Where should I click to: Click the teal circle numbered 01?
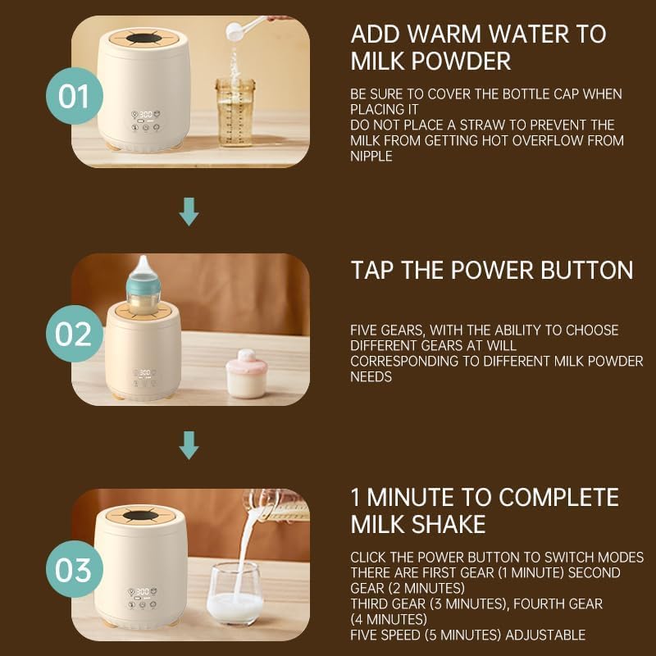pyautogui.click(x=74, y=96)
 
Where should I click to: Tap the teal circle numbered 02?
pyautogui.click(x=74, y=334)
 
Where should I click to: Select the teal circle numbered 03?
pyautogui.click(x=74, y=569)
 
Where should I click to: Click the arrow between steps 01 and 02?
pyautogui.click(x=189, y=212)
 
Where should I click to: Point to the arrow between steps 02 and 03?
pyautogui.click(x=189, y=445)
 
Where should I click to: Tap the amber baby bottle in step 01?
pyautogui.click(x=235, y=112)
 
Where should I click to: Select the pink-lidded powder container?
pyautogui.click(x=246, y=374)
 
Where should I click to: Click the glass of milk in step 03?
pyautogui.click(x=235, y=593)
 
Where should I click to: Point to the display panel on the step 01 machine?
pyautogui.click(x=145, y=121)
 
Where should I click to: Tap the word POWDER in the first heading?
pyautogui.click(x=461, y=61)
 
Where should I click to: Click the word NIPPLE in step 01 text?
pyautogui.click(x=371, y=156)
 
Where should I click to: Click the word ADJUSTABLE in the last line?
pyautogui.click(x=545, y=635)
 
